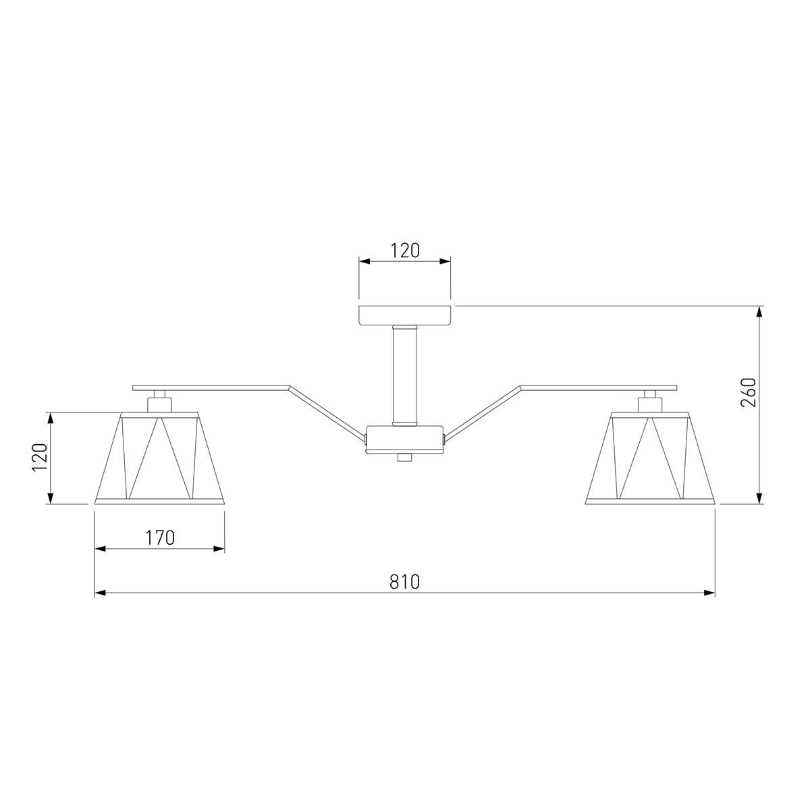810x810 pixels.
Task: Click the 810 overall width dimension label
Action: pyautogui.click(x=404, y=582)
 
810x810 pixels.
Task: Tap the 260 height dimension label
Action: pyautogui.click(x=749, y=393)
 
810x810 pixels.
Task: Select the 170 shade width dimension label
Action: pyautogui.click(x=160, y=537)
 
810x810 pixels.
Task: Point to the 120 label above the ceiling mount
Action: pyautogui.click(x=405, y=250)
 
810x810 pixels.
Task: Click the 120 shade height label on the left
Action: pyautogui.click(x=40, y=457)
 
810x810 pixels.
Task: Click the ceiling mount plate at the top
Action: pyautogui.click(x=405, y=315)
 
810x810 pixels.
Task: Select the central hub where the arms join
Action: pyautogui.click(x=405, y=439)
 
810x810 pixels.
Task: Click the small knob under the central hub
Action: pyautogui.click(x=405, y=458)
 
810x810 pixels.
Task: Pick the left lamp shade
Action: pyautogui.click(x=159, y=458)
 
